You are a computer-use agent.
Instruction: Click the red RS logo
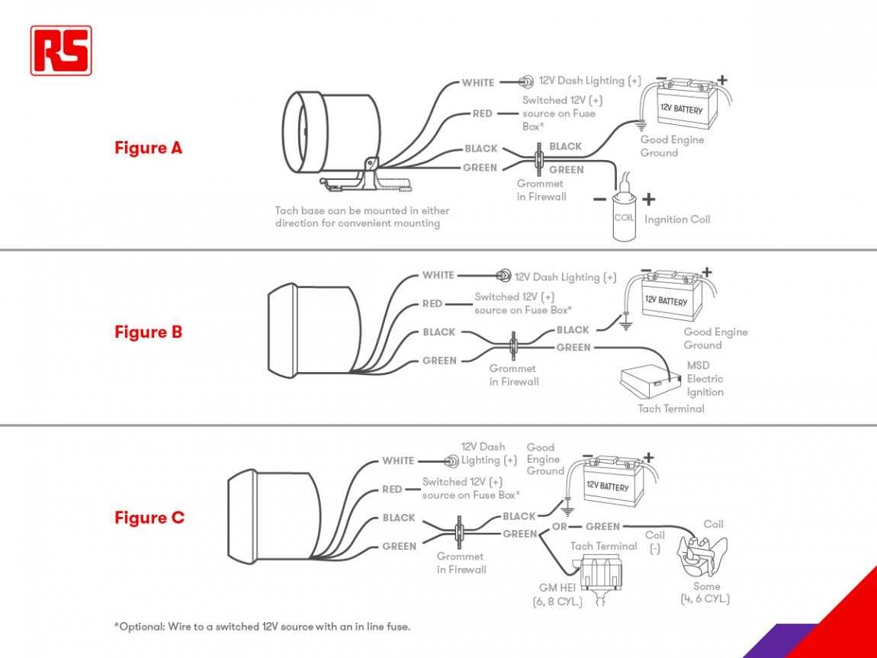click(61, 50)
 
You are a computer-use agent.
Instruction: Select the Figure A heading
click(149, 148)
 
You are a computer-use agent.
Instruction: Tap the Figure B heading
click(149, 332)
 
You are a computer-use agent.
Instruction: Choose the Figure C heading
click(149, 518)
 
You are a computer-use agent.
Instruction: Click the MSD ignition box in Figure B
click(648, 382)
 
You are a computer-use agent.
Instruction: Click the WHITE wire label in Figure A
click(478, 83)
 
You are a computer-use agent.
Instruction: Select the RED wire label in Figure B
click(432, 303)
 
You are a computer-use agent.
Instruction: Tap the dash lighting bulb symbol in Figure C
click(451, 461)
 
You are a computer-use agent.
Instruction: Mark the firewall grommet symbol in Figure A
click(540, 159)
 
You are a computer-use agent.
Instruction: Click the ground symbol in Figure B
click(625, 326)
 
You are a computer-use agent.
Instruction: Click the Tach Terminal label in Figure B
click(671, 409)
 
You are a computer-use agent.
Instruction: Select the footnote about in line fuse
click(262, 626)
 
